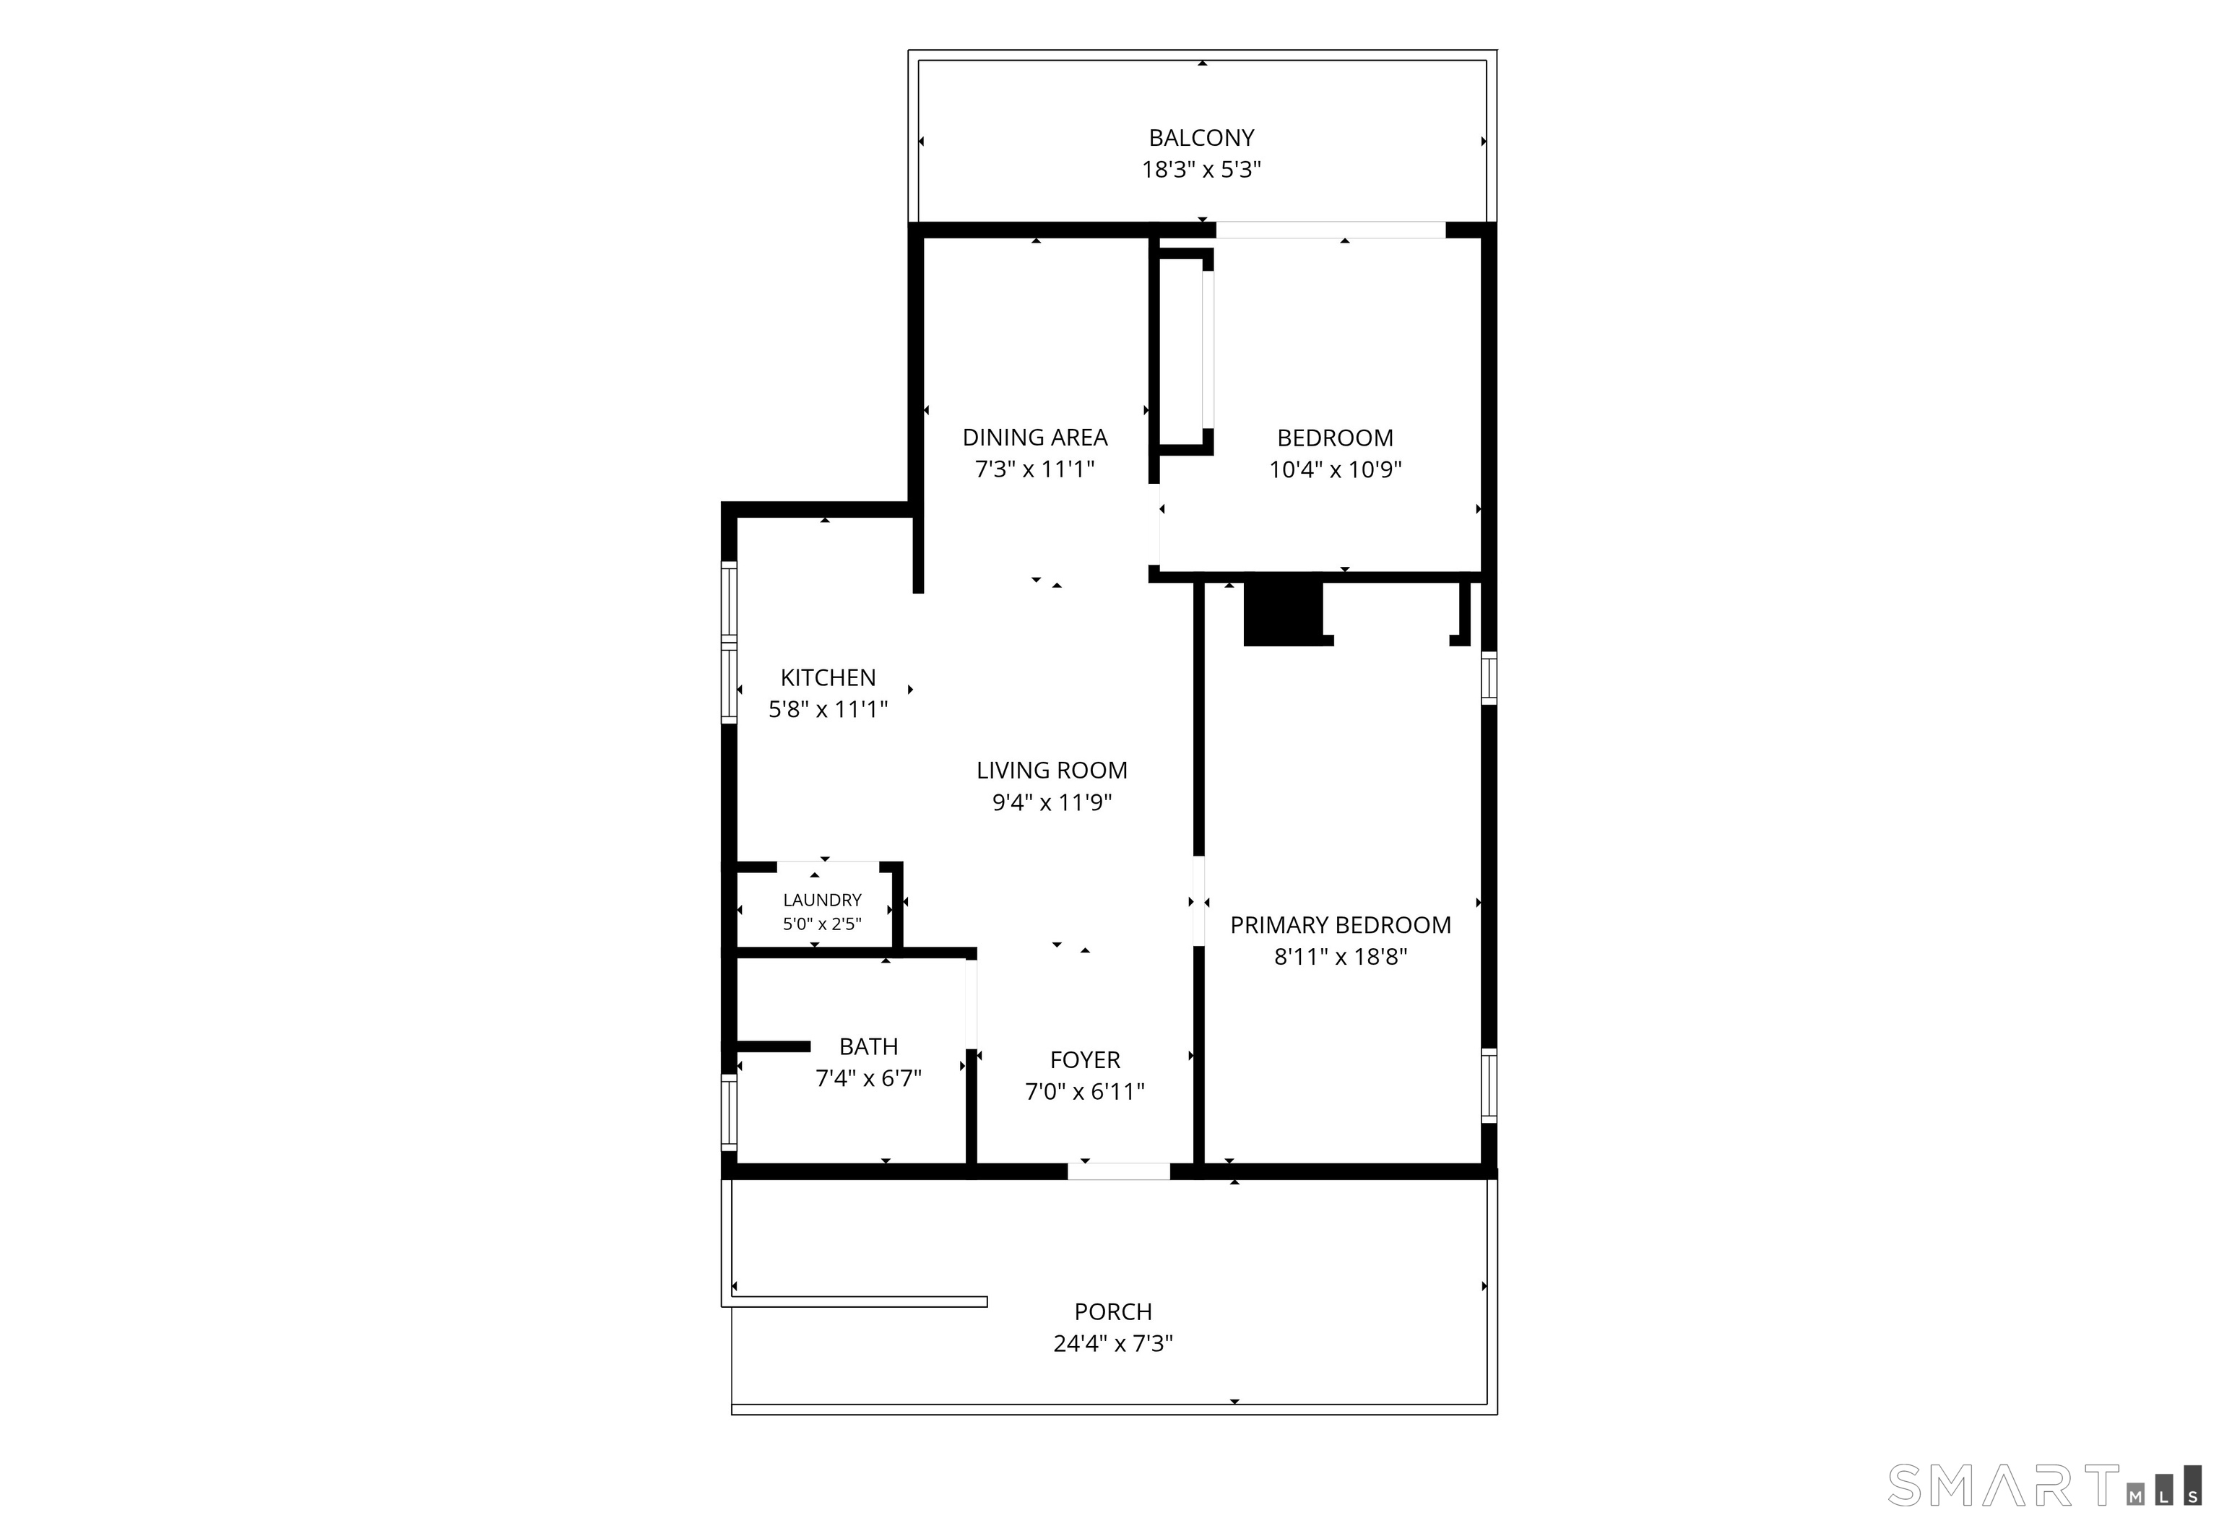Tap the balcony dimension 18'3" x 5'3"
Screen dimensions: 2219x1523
(1201, 170)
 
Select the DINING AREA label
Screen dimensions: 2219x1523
(1035, 438)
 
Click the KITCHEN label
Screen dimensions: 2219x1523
(828, 678)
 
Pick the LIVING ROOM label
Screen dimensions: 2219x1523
(1051, 771)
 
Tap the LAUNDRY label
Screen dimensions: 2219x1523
(822, 901)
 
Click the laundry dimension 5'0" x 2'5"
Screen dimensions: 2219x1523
(822, 924)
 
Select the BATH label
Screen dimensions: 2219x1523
(868, 1046)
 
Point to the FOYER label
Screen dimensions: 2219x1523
(1085, 1060)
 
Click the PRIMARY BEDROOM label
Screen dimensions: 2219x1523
(1341, 925)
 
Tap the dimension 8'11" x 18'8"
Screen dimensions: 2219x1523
(1341, 957)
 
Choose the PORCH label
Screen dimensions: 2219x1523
(1113, 1312)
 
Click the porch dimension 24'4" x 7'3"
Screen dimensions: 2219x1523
(1113, 1343)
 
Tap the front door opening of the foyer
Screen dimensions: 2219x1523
(1118, 1171)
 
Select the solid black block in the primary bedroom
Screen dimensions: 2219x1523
(1282, 612)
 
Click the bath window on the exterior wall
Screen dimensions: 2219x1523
(729, 1111)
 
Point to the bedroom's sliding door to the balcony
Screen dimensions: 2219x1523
(1330, 230)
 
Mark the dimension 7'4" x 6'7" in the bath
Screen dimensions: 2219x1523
(868, 1078)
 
